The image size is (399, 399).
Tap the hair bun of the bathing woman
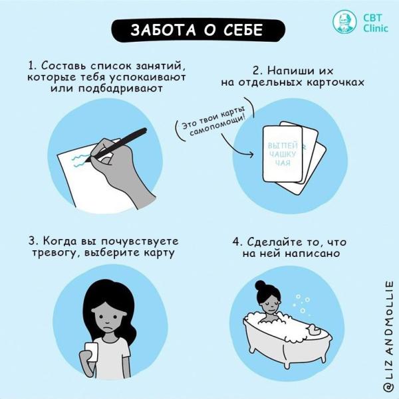point(265,286)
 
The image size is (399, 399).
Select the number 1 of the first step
point(31,66)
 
